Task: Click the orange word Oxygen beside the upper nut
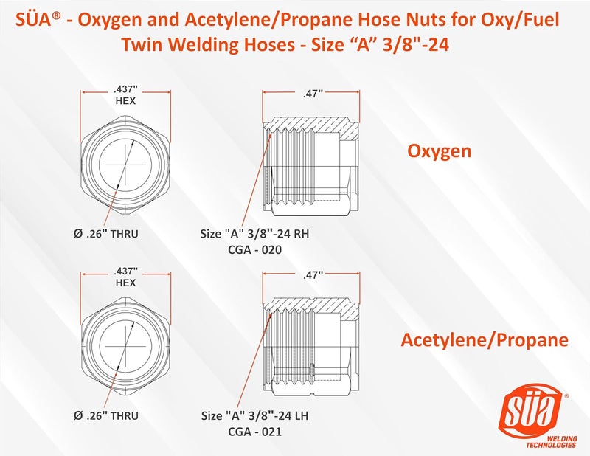440,152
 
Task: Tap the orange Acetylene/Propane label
485,340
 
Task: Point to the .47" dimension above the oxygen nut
313,94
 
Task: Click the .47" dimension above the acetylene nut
313,276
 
